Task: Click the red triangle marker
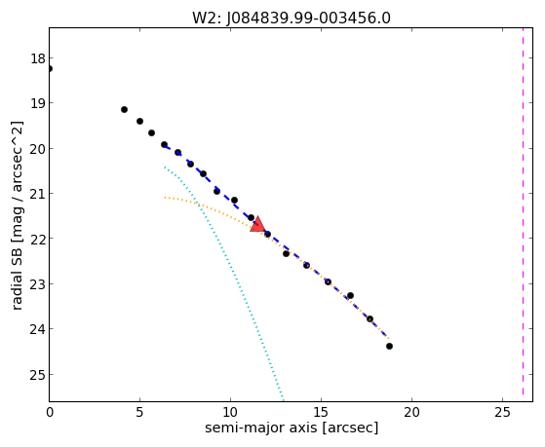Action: click(258, 224)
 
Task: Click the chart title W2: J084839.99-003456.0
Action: click(292, 18)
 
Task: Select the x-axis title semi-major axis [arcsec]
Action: click(292, 427)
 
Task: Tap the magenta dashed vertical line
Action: click(523, 214)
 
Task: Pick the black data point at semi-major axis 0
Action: click(50, 69)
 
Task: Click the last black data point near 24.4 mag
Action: click(389, 346)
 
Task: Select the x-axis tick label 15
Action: click(321, 412)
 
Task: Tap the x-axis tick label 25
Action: click(502, 412)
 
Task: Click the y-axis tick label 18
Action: click(38, 58)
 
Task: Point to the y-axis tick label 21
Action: click(38, 194)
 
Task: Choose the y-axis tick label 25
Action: click(38, 375)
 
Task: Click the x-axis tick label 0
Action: click(50, 412)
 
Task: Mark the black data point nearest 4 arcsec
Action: click(124, 109)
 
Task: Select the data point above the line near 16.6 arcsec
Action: click(350, 296)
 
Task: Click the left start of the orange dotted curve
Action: click(165, 198)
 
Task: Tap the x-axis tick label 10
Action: click(230, 412)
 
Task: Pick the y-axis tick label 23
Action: click(38, 284)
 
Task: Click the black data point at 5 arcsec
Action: click(139, 121)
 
